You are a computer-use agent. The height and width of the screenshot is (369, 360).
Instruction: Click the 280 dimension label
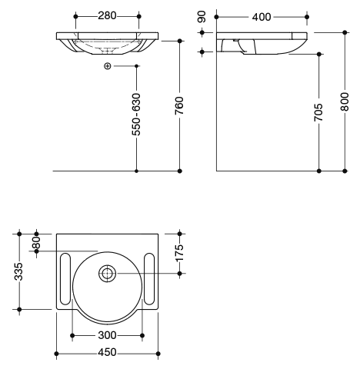(107, 16)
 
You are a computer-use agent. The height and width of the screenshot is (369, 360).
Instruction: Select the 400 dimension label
(262, 17)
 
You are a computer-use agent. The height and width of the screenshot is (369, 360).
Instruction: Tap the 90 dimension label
(202, 17)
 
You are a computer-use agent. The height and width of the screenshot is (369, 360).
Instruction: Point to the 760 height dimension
(179, 105)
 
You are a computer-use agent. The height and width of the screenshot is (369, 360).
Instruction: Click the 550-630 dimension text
(136, 115)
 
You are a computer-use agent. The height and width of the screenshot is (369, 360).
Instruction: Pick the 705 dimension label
(318, 112)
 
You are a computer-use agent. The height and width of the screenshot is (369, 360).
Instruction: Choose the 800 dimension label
(345, 101)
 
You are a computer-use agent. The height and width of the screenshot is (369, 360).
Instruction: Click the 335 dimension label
(19, 271)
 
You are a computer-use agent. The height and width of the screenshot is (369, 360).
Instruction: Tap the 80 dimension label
(36, 242)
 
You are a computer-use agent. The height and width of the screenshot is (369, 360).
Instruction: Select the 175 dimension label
(179, 253)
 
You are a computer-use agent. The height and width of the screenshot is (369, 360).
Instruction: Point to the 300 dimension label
(107, 335)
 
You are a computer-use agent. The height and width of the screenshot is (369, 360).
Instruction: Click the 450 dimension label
(107, 352)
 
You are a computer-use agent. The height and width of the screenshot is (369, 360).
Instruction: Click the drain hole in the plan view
(107, 274)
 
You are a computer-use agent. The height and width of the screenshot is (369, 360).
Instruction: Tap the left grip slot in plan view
(65, 279)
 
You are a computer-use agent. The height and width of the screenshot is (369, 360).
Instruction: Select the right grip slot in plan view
(149, 279)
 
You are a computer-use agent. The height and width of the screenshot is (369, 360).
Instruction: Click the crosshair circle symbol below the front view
(107, 66)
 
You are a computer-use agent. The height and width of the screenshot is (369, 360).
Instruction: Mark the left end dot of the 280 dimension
(75, 16)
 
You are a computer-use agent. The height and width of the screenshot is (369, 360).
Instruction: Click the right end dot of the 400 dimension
(307, 17)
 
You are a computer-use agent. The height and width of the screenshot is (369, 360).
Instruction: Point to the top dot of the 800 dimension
(345, 32)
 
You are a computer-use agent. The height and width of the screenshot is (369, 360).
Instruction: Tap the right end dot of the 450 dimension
(158, 354)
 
